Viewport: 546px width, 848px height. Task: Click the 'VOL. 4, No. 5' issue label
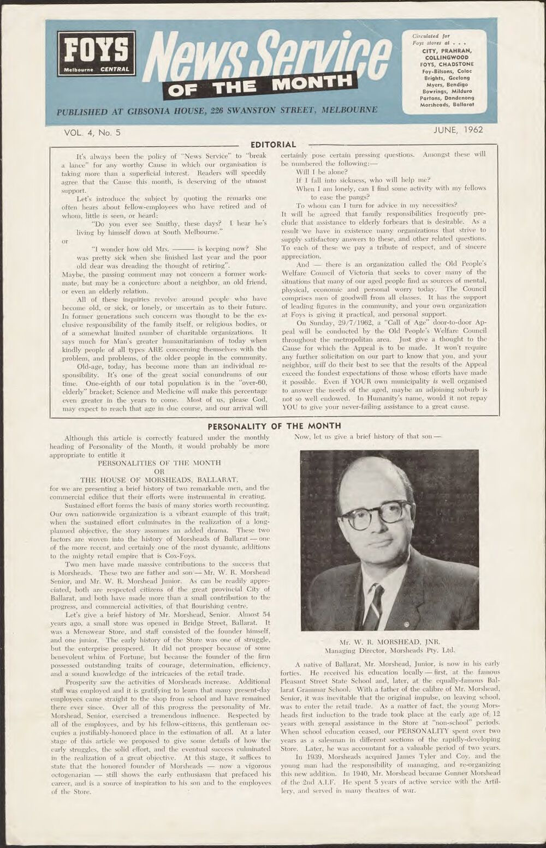coord(92,132)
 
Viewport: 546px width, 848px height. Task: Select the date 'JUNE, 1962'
coord(458,130)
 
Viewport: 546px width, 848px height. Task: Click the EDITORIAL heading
coord(273,145)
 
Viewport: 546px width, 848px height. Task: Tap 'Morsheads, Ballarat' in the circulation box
coord(447,104)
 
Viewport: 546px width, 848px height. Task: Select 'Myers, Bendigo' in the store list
coord(447,85)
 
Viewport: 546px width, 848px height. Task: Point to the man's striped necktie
coord(374,605)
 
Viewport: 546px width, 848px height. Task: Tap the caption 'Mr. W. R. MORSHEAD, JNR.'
coord(389,641)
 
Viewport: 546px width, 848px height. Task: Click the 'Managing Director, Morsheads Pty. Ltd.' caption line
coord(389,650)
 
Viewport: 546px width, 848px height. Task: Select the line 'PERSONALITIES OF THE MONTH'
coord(159,462)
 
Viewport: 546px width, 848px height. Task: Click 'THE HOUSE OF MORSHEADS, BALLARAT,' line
coord(159,480)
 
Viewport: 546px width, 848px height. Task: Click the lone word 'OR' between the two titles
coord(159,471)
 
